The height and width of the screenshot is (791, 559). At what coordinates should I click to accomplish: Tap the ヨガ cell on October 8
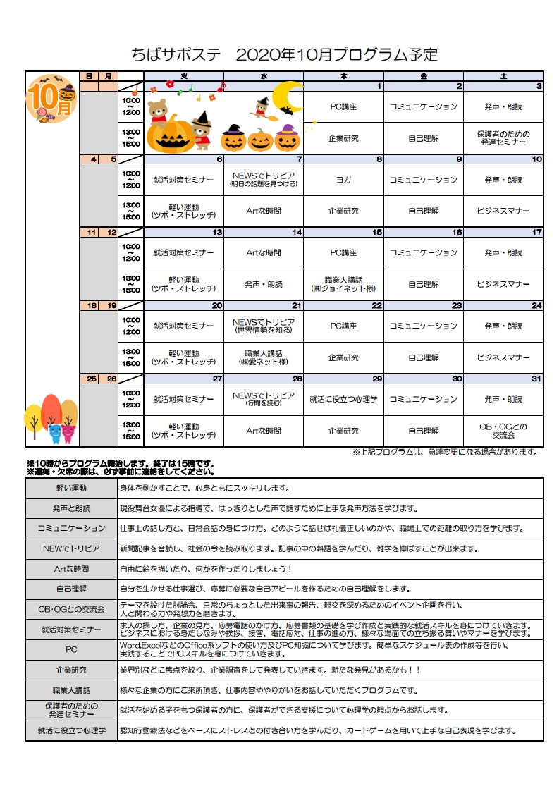(x=343, y=180)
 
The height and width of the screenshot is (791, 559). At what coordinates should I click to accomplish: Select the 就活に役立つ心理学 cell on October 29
(x=343, y=399)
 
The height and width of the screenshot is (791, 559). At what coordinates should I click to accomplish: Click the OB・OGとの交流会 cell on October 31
(x=503, y=430)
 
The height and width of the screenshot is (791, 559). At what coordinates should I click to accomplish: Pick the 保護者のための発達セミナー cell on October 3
(x=503, y=137)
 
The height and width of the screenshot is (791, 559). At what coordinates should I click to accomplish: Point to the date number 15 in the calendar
(x=377, y=232)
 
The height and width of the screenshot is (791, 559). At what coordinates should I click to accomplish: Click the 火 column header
(x=183, y=75)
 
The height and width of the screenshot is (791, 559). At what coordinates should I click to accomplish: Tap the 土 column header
(x=503, y=75)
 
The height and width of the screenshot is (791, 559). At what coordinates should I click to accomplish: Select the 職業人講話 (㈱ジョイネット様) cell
(x=343, y=284)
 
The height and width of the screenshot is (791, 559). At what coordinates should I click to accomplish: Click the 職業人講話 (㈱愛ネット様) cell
(x=263, y=357)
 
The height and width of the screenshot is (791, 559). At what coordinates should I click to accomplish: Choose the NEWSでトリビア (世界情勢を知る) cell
(x=263, y=326)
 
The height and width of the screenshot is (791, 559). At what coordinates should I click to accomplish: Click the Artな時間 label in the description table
(x=71, y=568)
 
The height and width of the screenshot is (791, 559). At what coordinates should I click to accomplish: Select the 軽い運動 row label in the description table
(x=71, y=488)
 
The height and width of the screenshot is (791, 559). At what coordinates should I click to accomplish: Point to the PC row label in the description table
(x=71, y=649)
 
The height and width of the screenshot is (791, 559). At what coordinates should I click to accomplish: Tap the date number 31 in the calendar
(x=536, y=379)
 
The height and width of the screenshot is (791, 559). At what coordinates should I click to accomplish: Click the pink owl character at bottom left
(x=68, y=431)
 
